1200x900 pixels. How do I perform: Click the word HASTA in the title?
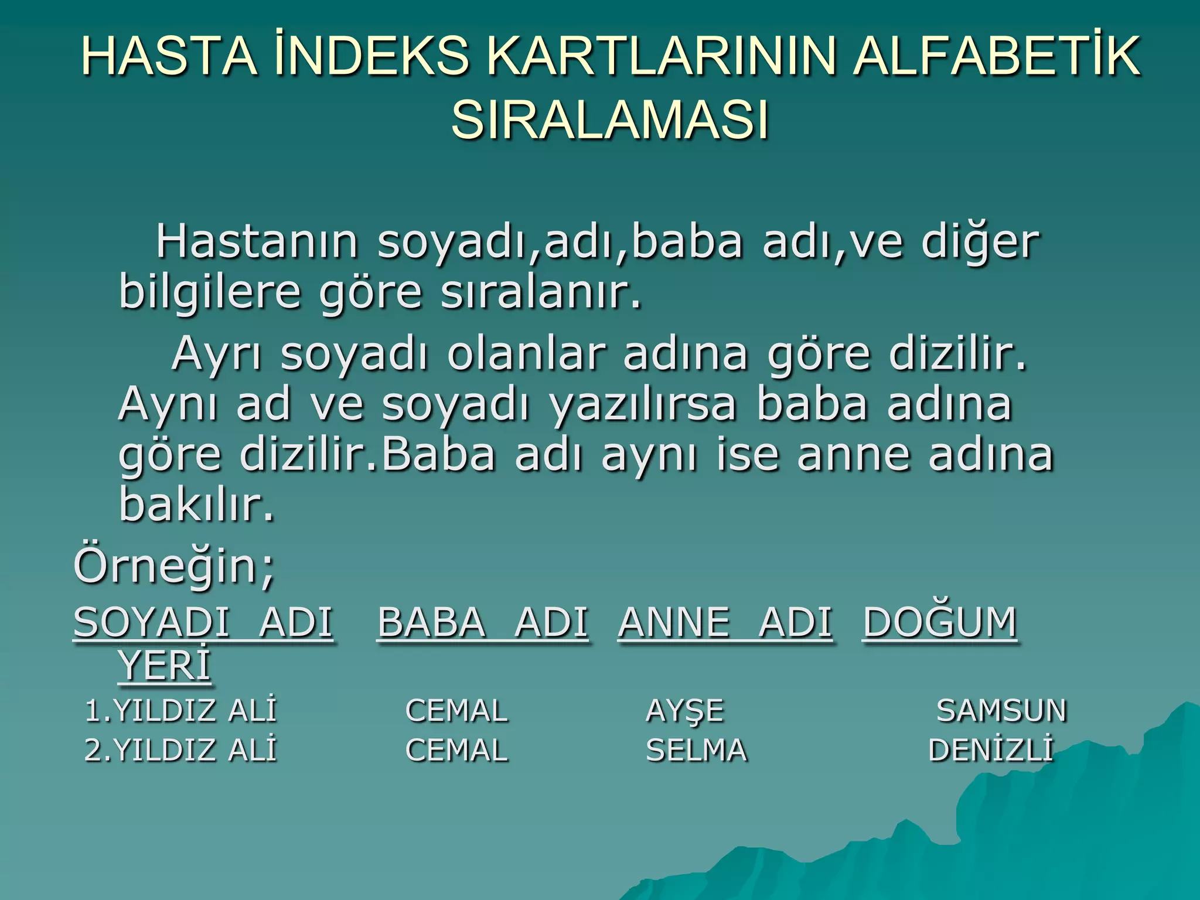pyautogui.click(x=169, y=57)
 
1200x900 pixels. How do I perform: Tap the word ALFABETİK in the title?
pyautogui.click(x=996, y=57)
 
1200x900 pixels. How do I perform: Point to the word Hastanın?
pyautogui.click(x=257, y=242)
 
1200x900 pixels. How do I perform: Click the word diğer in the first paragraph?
pyautogui.click(x=980, y=242)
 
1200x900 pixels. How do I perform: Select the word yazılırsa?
pyautogui.click(x=643, y=404)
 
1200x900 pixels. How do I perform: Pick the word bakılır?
pyautogui.click(x=196, y=504)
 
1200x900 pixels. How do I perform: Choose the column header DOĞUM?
pyautogui.click(x=940, y=622)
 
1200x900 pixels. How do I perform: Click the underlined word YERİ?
pyautogui.click(x=164, y=666)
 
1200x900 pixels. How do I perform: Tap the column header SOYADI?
pyautogui.click(x=151, y=622)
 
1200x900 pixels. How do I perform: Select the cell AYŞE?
pyautogui.click(x=685, y=711)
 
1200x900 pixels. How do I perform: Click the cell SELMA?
pyautogui.click(x=696, y=751)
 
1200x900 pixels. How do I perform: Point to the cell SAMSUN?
pyautogui.click(x=1001, y=711)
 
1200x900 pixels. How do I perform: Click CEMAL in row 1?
pyautogui.click(x=456, y=711)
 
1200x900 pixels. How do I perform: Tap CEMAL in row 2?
pyautogui.click(x=456, y=751)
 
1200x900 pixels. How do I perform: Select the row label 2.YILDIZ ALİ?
pyautogui.click(x=180, y=751)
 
